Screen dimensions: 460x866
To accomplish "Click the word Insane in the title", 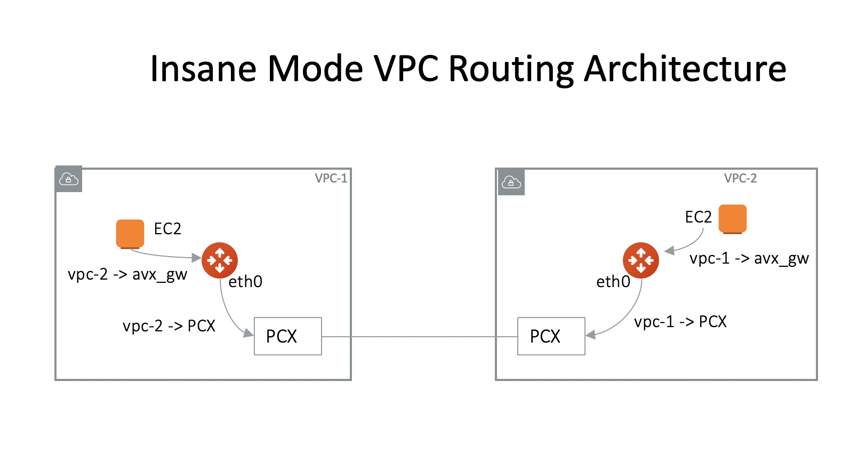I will (203, 69).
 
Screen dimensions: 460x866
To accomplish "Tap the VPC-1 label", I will (331, 178).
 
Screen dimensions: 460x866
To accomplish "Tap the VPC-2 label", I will (740, 178).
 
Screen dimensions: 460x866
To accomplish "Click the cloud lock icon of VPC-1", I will (69, 179).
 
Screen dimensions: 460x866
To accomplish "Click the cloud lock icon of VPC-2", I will (511, 182).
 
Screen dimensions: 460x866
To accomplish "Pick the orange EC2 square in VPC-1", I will (130, 234).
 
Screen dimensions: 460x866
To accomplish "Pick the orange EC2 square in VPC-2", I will (732, 219).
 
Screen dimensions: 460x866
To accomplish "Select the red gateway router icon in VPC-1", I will (220, 260).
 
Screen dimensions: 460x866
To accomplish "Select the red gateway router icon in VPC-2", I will (641, 260).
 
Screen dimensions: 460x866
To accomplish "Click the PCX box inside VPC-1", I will (288, 336).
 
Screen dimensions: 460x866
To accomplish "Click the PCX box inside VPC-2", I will (551, 336).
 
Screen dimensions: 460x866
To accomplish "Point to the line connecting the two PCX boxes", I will (420, 337).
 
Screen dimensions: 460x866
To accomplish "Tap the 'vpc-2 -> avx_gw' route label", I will (127, 275).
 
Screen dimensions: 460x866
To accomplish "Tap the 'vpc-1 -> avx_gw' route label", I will (749, 259).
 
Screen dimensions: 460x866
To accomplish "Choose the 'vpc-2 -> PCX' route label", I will (169, 326).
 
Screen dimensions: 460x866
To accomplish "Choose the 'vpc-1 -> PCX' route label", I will (680, 322).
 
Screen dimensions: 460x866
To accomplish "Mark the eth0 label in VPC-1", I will (245, 282).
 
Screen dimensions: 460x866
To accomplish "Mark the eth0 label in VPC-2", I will (613, 282).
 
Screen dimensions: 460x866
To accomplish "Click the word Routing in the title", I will (511, 69).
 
